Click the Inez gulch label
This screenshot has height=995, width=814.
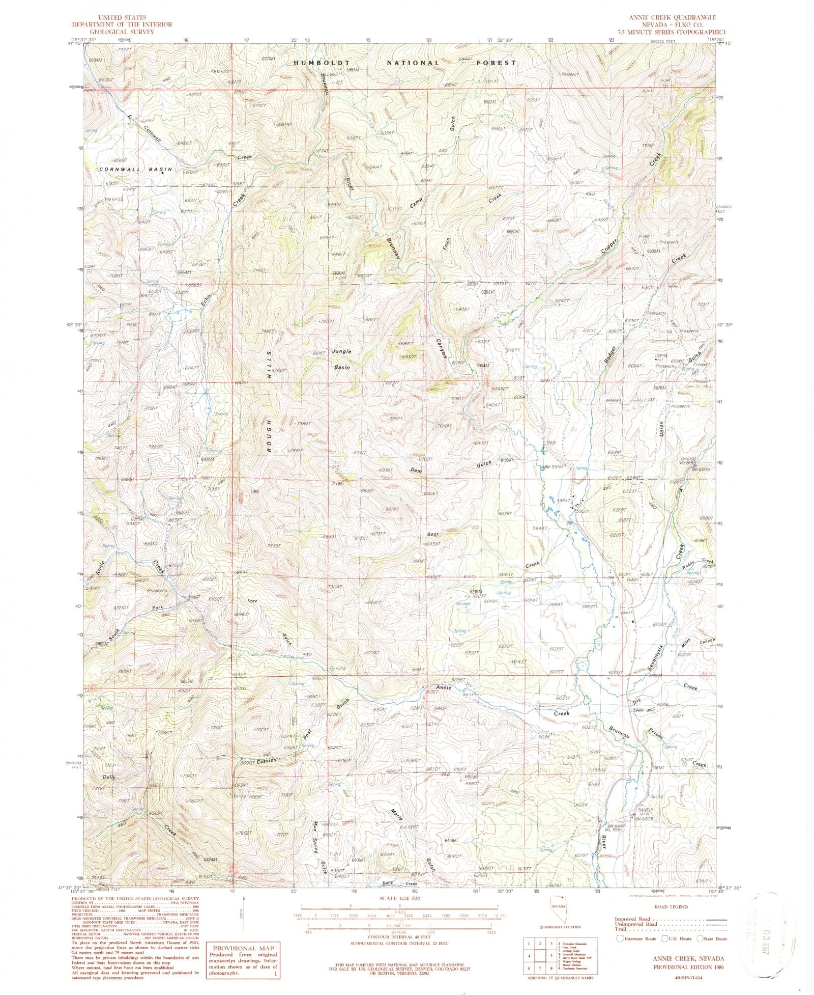252,601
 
